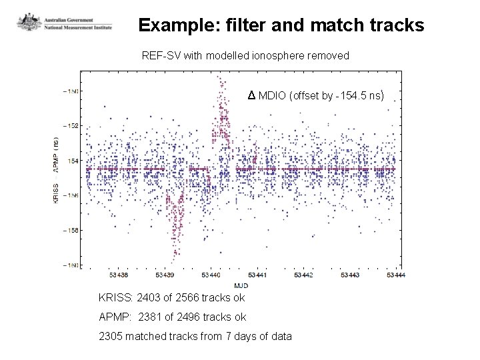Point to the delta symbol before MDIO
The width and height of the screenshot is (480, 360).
click(251, 96)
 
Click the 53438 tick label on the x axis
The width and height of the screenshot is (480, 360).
click(119, 275)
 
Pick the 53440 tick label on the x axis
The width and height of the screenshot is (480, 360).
click(211, 275)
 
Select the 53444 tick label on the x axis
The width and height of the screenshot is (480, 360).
click(395, 275)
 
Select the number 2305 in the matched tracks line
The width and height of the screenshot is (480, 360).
click(111, 336)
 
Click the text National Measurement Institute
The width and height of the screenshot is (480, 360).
click(79, 27)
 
